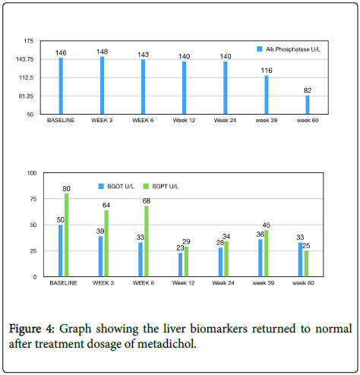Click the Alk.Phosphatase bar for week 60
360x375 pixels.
coord(308,105)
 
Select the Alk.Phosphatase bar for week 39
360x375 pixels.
coord(267,95)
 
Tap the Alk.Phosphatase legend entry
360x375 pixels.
coord(289,49)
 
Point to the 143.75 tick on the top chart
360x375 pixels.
coord(25,59)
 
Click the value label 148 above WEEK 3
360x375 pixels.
coord(102,52)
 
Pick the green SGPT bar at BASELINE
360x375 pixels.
coord(67,235)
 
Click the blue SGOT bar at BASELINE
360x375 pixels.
coord(61,251)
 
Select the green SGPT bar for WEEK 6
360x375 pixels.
coord(147,241)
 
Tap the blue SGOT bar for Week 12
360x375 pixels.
coord(180,265)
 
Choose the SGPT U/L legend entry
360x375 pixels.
coord(161,187)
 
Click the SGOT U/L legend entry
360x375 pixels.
coord(116,187)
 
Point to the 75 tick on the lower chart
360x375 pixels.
coord(33,199)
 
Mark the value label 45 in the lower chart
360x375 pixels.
coord(267,225)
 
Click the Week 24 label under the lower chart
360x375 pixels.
coord(223,283)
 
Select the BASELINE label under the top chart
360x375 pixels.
coord(61,120)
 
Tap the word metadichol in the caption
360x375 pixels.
coord(166,344)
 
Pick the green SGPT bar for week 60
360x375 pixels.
coord(306,263)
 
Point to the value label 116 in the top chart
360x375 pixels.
coord(267,71)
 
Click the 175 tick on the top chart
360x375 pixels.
coord(29,41)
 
